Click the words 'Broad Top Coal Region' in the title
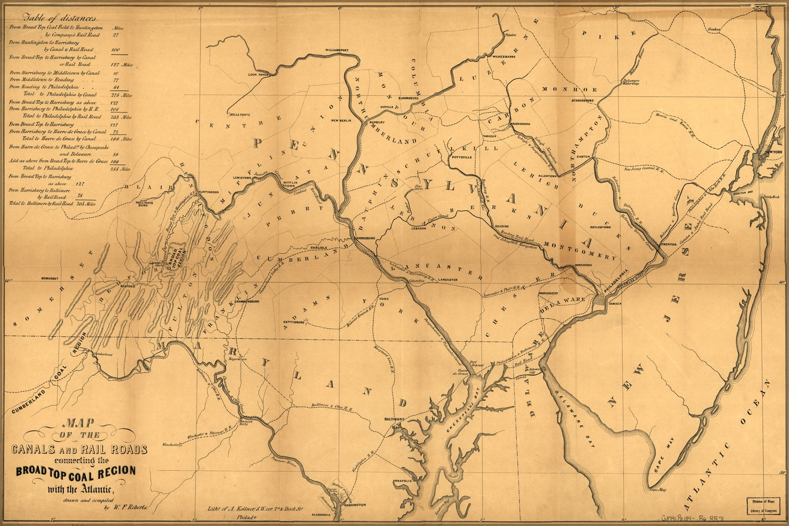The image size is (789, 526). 76,471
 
